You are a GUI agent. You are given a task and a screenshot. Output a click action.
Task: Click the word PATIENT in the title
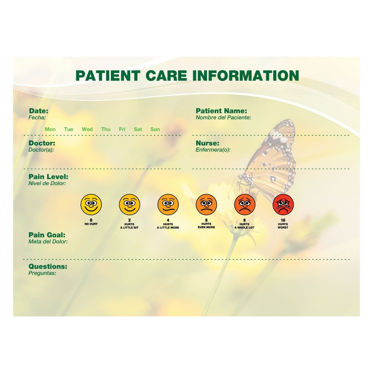[108, 75]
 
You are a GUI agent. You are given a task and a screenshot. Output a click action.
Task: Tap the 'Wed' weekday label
[87, 129]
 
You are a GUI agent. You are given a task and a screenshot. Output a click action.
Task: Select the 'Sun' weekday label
[155, 129]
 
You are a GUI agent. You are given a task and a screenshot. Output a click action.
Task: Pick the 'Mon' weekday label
[50, 129]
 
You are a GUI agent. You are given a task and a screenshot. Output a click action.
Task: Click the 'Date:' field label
[38, 111]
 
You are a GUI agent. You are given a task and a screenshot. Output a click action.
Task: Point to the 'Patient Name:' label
[221, 111]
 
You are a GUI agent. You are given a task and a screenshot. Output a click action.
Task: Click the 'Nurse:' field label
[207, 143]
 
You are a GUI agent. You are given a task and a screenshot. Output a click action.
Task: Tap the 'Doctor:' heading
[42, 143]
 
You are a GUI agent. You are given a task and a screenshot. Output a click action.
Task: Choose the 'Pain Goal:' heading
[47, 235]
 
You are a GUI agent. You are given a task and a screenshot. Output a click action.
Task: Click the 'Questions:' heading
[48, 266]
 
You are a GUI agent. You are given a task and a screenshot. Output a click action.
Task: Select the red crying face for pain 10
[283, 205]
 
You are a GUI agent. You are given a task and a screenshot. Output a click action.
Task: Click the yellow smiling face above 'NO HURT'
[91, 205]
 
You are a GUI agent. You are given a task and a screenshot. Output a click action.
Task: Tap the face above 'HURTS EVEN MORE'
[206, 205]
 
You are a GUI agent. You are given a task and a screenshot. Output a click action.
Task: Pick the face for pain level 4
[168, 205]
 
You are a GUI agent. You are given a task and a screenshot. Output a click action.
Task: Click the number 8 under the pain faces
[244, 220]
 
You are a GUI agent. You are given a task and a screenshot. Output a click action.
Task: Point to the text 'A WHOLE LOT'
[244, 228]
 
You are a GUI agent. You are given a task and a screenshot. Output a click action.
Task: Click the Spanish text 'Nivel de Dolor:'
[47, 184]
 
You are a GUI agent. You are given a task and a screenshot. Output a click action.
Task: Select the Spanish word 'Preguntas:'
[42, 273]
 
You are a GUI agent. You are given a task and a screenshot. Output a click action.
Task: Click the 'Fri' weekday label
[122, 129]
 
